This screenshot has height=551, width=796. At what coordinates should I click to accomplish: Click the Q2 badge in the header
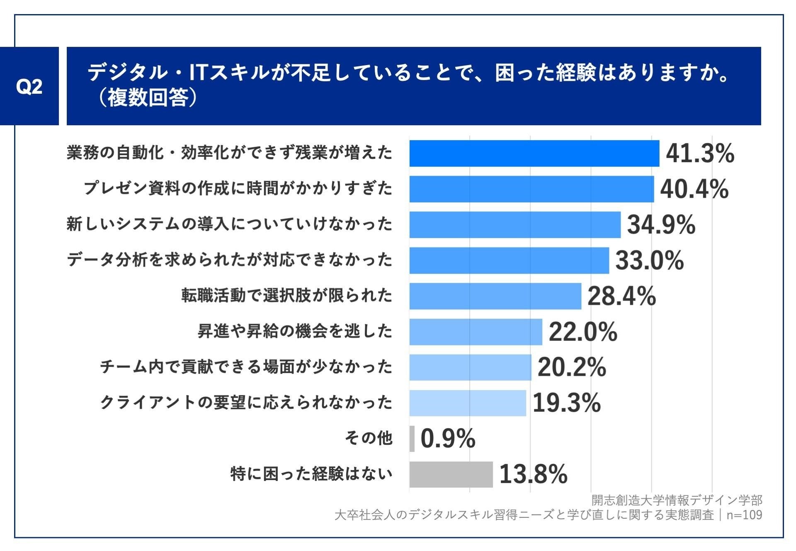(29, 86)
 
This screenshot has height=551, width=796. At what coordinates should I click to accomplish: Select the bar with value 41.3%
(534, 153)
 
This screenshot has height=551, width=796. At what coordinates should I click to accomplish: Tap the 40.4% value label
(694, 189)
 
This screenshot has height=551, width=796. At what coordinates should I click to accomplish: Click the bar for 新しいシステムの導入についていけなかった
(515, 225)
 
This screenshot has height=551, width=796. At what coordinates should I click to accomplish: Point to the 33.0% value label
(649, 260)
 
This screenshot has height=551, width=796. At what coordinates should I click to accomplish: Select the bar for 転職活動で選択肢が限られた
(495, 296)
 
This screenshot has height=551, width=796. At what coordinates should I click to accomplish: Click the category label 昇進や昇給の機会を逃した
(295, 331)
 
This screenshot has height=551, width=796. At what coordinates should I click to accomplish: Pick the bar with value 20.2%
(470, 367)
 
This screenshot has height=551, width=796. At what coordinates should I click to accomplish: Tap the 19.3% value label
(566, 403)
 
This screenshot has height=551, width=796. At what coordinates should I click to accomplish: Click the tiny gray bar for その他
(412, 439)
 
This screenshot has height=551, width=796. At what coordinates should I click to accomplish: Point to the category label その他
(368, 438)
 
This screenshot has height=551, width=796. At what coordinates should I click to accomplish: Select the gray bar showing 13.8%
(451, 474)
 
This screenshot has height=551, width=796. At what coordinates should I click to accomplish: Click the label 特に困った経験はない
(311, 474)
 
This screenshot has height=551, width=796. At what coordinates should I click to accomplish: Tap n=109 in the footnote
(744, 515)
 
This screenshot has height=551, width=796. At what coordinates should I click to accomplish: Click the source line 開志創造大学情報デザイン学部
(677, 500)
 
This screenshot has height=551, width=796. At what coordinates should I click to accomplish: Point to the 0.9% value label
(448, 439)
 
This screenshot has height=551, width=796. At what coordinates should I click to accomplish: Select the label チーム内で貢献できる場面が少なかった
(246, 367)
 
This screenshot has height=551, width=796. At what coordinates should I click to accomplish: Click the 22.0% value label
(583, 332)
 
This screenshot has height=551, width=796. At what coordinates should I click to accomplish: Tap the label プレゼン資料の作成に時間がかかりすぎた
(238, 189)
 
